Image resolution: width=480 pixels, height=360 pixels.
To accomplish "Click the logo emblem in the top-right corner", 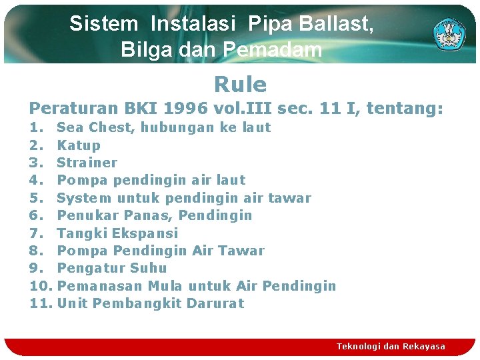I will pos(450,34).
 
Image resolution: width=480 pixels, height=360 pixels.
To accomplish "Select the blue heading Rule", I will pos(240,85).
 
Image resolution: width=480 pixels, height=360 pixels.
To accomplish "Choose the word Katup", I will pos(79,145).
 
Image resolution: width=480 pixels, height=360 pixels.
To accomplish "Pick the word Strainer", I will pos(87,163).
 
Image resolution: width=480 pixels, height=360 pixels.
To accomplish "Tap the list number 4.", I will pos(36,180).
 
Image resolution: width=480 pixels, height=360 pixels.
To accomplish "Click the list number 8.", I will pos(36,251).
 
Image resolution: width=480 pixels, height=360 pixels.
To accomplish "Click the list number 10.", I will pos(40,286).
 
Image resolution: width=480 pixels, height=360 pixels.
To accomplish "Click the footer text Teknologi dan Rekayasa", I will pos(391,346).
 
